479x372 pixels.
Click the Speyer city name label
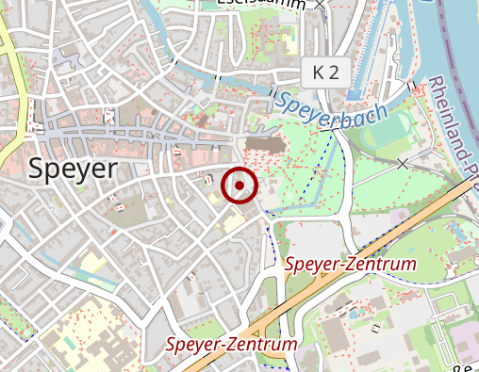pyautogui.click(x=74, y=169)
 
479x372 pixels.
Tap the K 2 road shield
pyautogui.click(x=326, y=72)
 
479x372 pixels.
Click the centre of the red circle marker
pyautogui.click(x=239, y=186)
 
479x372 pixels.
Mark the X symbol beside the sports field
pyautogui.click(x=404, y=164)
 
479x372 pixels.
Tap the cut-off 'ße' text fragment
pyautogui.click(x=467, y=365)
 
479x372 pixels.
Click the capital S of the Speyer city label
pyautogui.click(x=37, y=169)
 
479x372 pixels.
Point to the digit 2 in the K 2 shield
pyautogui.click(x=335, y=72)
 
